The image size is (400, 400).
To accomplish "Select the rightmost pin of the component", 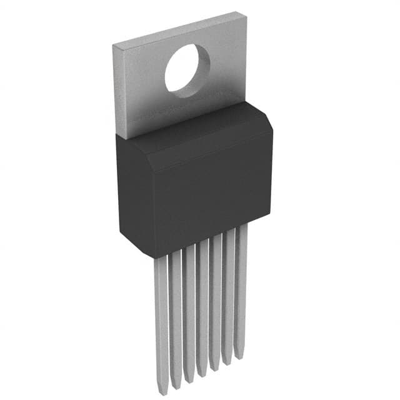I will coord(241,287).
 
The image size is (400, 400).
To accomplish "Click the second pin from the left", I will coord(176,312).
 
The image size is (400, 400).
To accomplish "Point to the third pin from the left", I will coord(189,309).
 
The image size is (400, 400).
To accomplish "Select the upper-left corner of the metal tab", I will coord(113,45).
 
